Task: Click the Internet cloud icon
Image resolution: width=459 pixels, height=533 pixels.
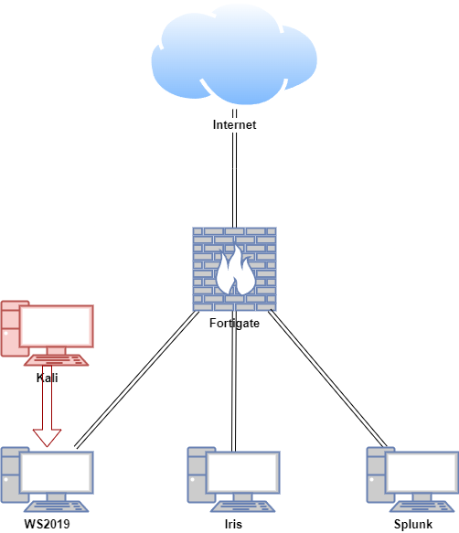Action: pyautogui.click(x=234, y=55)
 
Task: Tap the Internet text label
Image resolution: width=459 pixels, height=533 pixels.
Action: pyautogui.click(x=234, y=124)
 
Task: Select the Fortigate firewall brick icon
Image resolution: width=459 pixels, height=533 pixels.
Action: pyautogui.click(x=234, y=269)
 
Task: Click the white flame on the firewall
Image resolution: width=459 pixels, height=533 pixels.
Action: pyautogui.click(x=235, y=271)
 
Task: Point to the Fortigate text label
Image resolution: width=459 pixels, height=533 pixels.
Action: pyautogui.click(x=234, y=323)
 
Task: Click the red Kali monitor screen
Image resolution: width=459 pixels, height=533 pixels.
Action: pyautogui.click(x=56, y=326)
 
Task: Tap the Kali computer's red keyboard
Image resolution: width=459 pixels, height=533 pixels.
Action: pyautogui.click(x=56, y=360)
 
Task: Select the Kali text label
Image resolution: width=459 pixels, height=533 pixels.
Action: pyautogui.click(x=47, y=378)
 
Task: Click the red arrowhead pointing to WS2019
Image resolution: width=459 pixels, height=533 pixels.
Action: pyautogui.click(x=47, y=438)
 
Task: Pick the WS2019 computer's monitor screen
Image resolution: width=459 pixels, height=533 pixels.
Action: pyautogui.click(x=56, y=473)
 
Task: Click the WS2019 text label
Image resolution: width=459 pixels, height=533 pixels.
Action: pyautogui.click(x=47, y=524)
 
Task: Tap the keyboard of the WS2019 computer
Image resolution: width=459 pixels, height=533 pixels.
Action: pyautogui.click(x=56, y=506)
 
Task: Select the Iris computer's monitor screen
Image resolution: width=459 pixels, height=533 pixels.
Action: pyautogui.click(x=243, y=473)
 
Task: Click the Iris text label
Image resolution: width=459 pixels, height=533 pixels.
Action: pyautogui.click(x=233, y=524)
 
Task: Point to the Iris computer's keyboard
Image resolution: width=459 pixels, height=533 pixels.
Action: pyautogui.click(x=243, y=506)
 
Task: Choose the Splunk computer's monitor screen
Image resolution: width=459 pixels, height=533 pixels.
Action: pyautogui.click(x=422, y=473)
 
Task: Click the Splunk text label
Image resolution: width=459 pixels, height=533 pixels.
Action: pyautogui.click(x=413, y=524)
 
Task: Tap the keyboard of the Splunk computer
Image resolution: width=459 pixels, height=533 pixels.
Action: pyautogui.click(x=422, y=506)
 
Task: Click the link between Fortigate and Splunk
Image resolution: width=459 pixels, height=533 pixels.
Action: pyautogui.click(x=327, y=378)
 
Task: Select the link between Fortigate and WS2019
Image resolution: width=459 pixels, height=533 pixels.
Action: pyautogui.click(x=137, y=379)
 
